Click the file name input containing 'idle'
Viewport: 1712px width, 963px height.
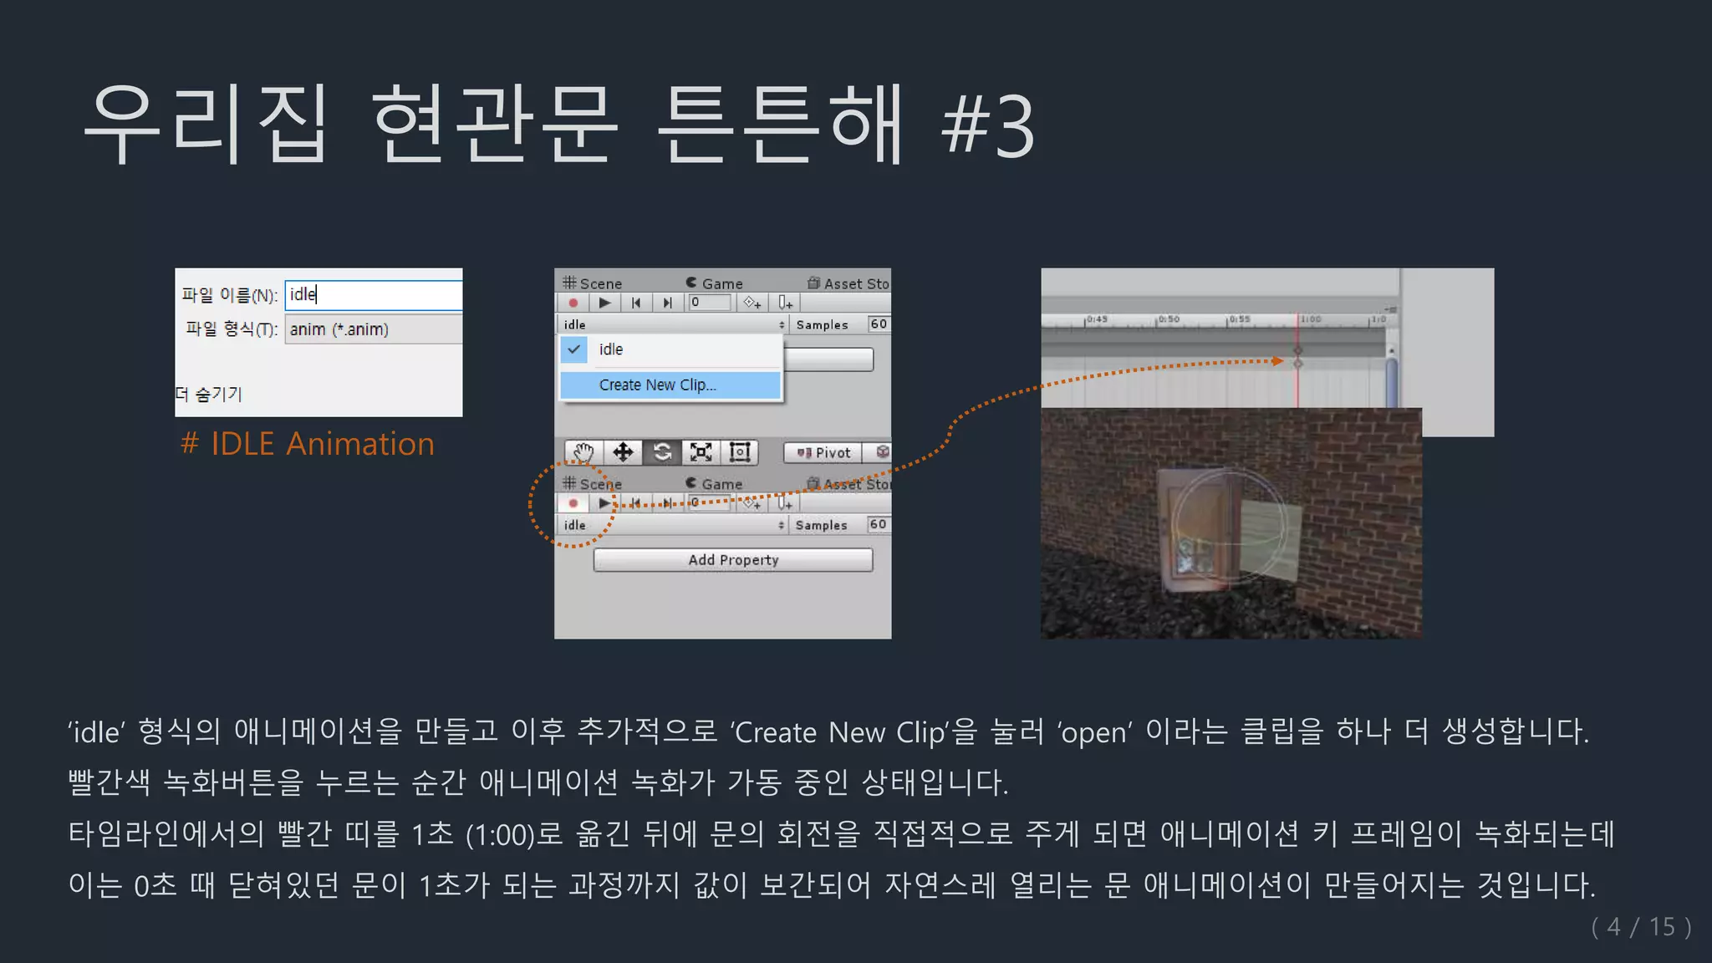click(373, 294)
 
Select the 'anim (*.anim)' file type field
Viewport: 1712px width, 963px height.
click(373, 329)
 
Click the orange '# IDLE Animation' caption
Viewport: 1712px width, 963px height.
click(308, 444)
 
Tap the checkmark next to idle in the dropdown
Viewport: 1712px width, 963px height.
click(574, 349)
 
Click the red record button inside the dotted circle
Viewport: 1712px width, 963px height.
click(573, 503)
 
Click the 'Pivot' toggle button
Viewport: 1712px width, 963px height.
click(823, 452)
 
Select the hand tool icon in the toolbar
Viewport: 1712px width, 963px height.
click(583, 452)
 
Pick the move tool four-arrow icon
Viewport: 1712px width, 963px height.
click(623, 452)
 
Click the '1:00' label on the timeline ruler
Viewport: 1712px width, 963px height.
click(1311, 319)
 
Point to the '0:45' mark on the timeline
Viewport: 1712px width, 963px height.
click(1097, 319)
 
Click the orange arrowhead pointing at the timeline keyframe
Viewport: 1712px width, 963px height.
click(1277, 360)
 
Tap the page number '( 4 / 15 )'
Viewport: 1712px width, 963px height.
click(1641, 926)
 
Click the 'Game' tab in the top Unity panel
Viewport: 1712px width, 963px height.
click(716, 283)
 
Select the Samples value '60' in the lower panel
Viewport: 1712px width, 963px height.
click(877, 524)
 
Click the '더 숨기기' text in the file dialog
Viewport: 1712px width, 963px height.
click(209, 394)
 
